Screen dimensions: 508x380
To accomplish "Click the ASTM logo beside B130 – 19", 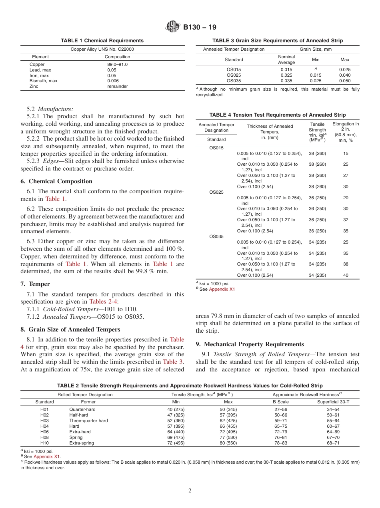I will coord(173,27).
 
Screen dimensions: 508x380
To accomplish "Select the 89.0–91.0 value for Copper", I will coord(117,64).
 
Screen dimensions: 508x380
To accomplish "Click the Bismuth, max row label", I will coord(43,81).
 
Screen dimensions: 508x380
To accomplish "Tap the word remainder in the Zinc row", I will coord(117,86).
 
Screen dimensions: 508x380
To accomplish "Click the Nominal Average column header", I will coord(286,60).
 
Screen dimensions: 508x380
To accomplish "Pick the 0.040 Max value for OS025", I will coord(344,75).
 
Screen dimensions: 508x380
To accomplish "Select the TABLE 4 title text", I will coord(278,115).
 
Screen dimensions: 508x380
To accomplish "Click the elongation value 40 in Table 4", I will coord(346,275).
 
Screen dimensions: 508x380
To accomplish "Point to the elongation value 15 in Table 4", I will coord(346,153).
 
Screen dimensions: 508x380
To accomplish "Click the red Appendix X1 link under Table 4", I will coord(222,289).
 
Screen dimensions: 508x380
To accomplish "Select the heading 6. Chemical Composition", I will coord(56,181).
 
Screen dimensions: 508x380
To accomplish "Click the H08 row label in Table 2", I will coord(44,438).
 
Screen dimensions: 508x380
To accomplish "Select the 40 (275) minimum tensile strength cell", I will coord(176,409).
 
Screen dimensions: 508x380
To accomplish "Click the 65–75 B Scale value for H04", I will coord(280,426).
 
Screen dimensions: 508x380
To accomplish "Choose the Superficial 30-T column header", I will coord(333,402).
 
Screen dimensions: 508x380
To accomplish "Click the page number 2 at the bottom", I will coord(190,491).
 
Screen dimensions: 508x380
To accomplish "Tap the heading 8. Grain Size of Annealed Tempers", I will coord(70,329).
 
